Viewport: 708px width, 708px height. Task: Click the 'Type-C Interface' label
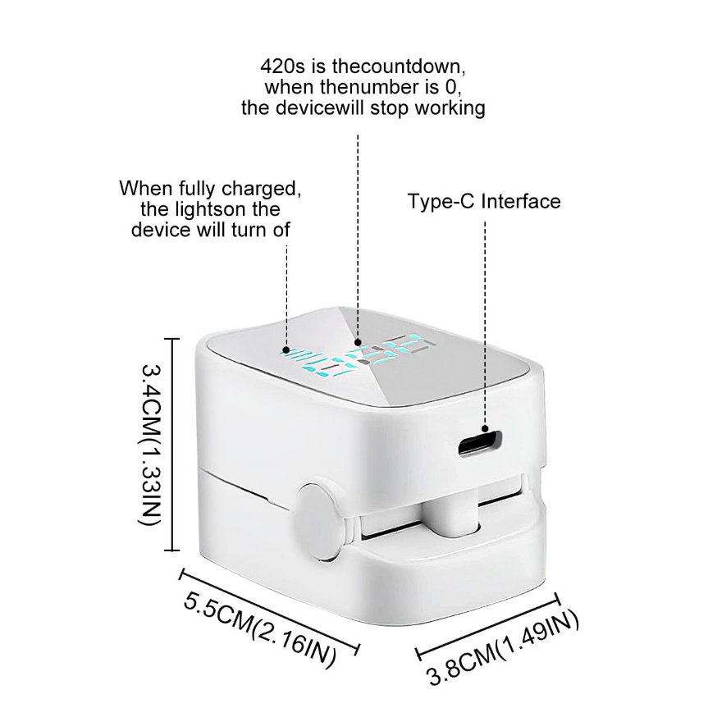pos(484,201)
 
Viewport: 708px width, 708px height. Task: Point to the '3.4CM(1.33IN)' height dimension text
pos(151,444)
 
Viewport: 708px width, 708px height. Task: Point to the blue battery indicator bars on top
pos(300,358)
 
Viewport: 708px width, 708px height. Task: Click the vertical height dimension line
pos(171,444)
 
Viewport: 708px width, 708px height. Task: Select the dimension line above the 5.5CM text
pos(270,612)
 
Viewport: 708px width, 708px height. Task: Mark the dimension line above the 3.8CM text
pos(488,626)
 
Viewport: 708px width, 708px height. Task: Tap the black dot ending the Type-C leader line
pos(485,428)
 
